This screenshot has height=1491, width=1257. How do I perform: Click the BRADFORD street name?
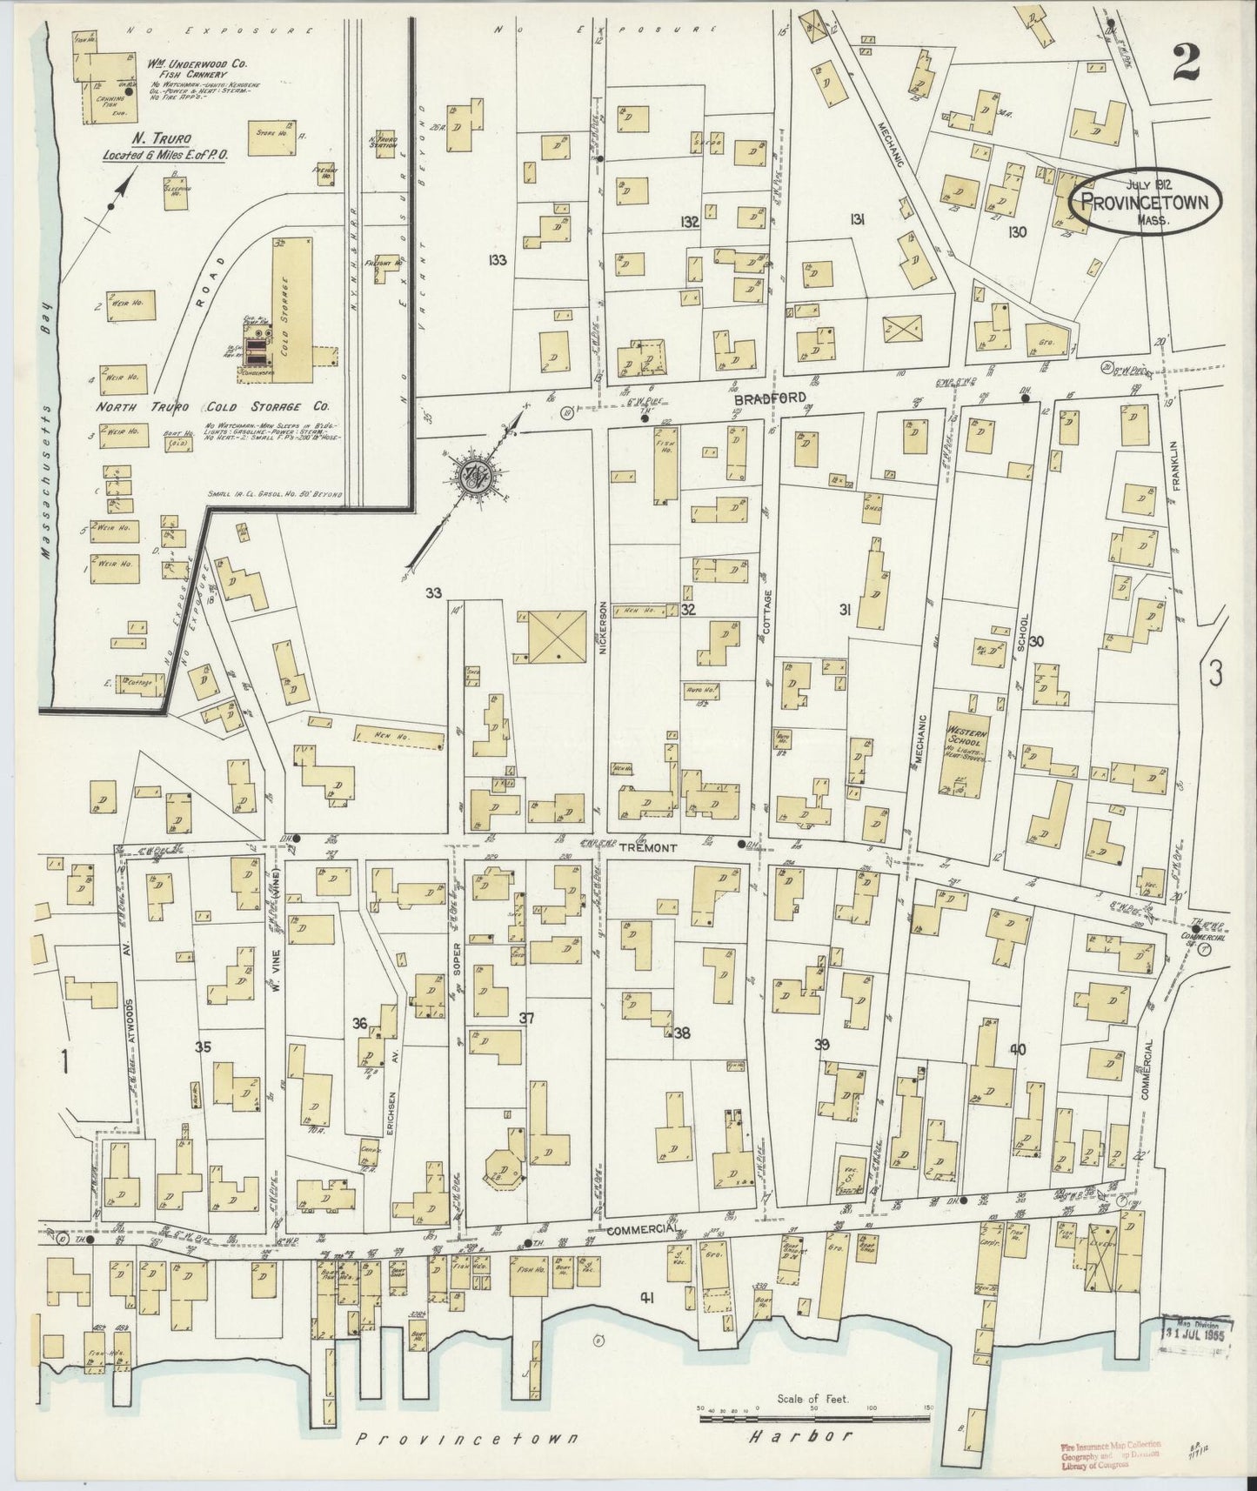759,397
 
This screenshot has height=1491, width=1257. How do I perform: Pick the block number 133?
498,259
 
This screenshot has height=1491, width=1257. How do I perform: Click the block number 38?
681,1033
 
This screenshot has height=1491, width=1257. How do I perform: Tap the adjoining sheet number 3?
1216,672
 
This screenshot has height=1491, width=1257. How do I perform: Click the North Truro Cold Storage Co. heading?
215,407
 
